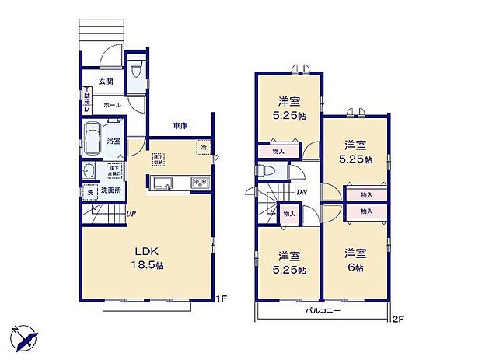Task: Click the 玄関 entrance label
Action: coord(106,82)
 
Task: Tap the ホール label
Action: coord(111,104)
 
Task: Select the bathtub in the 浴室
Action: coord(91,141)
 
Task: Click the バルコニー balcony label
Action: coord(322,311)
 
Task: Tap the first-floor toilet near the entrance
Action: coord(137,71)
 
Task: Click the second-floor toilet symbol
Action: coord(264,170)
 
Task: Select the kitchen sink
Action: coord(164,183)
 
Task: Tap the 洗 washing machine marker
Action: coord(89,191)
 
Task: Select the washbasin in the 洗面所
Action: coord(89,172)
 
